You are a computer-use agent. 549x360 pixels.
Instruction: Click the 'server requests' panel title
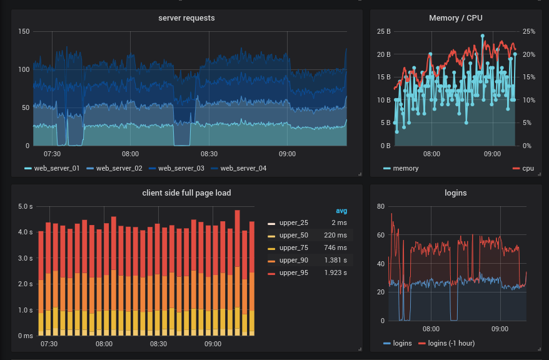tap(186, 18)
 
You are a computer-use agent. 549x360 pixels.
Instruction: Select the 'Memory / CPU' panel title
tap(455, 18)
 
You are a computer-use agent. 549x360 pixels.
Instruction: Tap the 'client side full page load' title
tap(186, 193)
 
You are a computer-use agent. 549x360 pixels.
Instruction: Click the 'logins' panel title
tap(455, 193)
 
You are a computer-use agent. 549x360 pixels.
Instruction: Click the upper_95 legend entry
tap(293, 274)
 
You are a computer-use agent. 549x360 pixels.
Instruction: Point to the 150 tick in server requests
tap(24, 31)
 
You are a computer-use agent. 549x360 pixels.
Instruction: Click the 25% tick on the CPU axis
tap(529, 31)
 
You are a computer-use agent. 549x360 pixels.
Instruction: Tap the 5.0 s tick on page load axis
tap(25, 206)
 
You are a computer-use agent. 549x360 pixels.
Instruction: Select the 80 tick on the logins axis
tap(380, 206)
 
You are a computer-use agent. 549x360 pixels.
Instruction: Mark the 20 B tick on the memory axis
tap(384, 54)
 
